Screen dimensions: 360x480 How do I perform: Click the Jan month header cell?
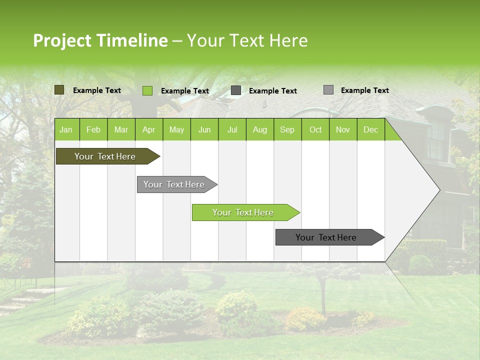pos(66,129)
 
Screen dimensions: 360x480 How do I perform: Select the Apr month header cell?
pos(149,129)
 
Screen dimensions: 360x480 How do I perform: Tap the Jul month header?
pos(232,129)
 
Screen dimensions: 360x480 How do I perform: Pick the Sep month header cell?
pos(287,129)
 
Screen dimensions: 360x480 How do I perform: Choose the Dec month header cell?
pos(370,129)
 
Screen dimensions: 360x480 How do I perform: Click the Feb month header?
pos(93,129)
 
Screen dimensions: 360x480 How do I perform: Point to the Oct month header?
pos(315,129)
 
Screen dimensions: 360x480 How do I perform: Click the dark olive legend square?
pos(59,90)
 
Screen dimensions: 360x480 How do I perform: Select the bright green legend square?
pos(147,90)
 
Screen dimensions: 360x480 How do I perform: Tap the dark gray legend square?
pos(236,90)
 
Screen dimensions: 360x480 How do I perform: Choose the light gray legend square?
pos(328,90)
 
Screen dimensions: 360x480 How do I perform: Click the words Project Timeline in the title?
pos(100,40)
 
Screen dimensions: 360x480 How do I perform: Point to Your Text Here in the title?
pos(247,40)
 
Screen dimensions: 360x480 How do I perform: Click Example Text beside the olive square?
pos(97,90)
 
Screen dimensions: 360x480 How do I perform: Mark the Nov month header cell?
pos(343,129)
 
